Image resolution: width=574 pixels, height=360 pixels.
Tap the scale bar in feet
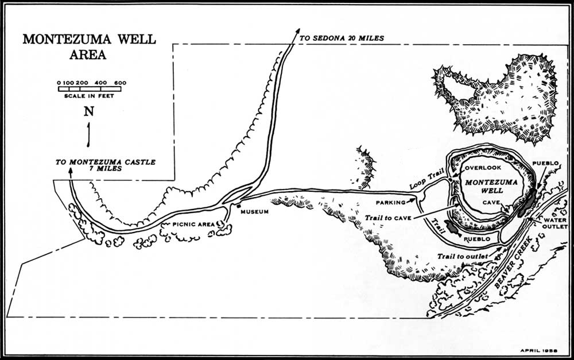88,88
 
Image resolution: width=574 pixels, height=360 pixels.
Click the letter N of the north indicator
89,112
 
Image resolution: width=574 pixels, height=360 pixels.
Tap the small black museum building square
237,205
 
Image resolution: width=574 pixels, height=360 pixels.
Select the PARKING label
391,203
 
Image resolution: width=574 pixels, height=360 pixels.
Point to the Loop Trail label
425,183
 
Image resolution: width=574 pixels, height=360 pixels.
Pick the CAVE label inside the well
491,203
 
